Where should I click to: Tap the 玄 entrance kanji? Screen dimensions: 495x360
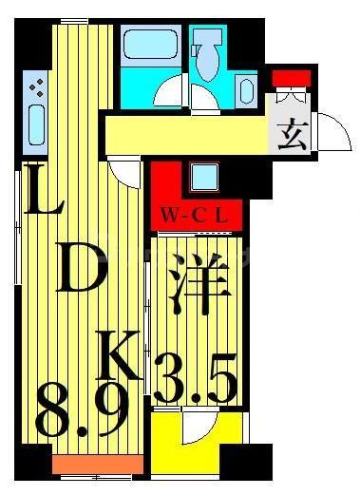click(292, 136)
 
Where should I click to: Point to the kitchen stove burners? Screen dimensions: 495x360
click(36, 89)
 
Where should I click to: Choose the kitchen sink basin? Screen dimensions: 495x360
click(37, 127)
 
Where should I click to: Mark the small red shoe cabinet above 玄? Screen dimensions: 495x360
click(286, 78)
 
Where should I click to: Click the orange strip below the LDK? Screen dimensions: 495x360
click(98, 466)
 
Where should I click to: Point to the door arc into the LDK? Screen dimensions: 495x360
click(123, 169)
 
